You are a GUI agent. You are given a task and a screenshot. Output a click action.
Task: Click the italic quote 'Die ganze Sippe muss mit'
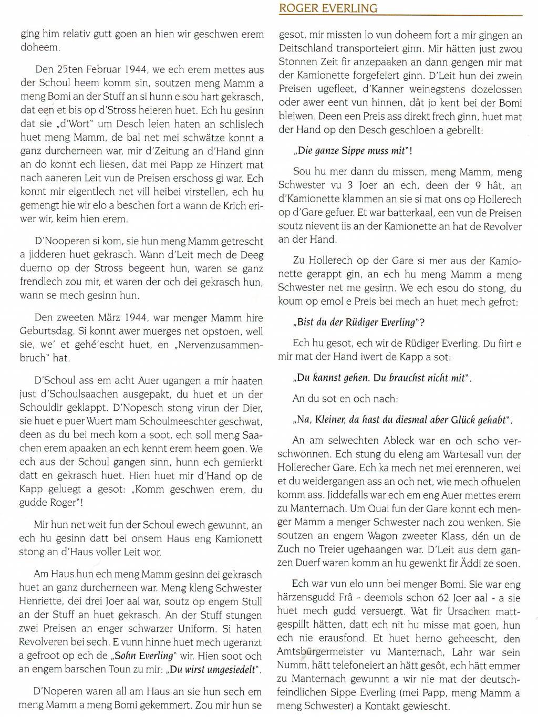[352, 151]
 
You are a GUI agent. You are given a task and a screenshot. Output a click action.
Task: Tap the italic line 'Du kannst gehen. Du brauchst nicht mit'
[381, 377]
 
